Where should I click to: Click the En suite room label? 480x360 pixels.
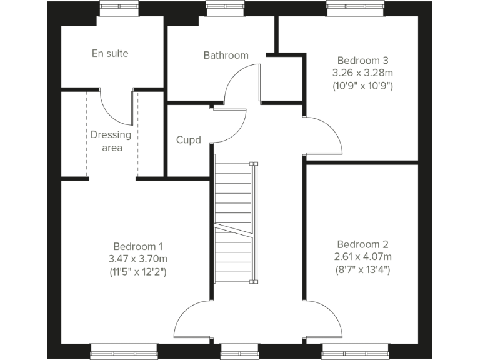[110, 54]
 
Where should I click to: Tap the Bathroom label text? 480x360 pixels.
[226, 55]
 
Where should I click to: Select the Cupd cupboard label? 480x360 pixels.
[188, 140]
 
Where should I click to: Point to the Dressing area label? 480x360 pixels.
[111, 141]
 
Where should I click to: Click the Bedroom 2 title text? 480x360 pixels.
[362, 244]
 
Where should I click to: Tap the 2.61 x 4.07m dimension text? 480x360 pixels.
[362, 257]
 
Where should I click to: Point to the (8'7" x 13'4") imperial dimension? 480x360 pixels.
[362, 270]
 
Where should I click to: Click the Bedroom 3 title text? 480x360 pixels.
[363, 61]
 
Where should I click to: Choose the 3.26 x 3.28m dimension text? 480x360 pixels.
[363, 73]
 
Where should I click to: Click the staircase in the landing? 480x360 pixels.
[232, 222]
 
